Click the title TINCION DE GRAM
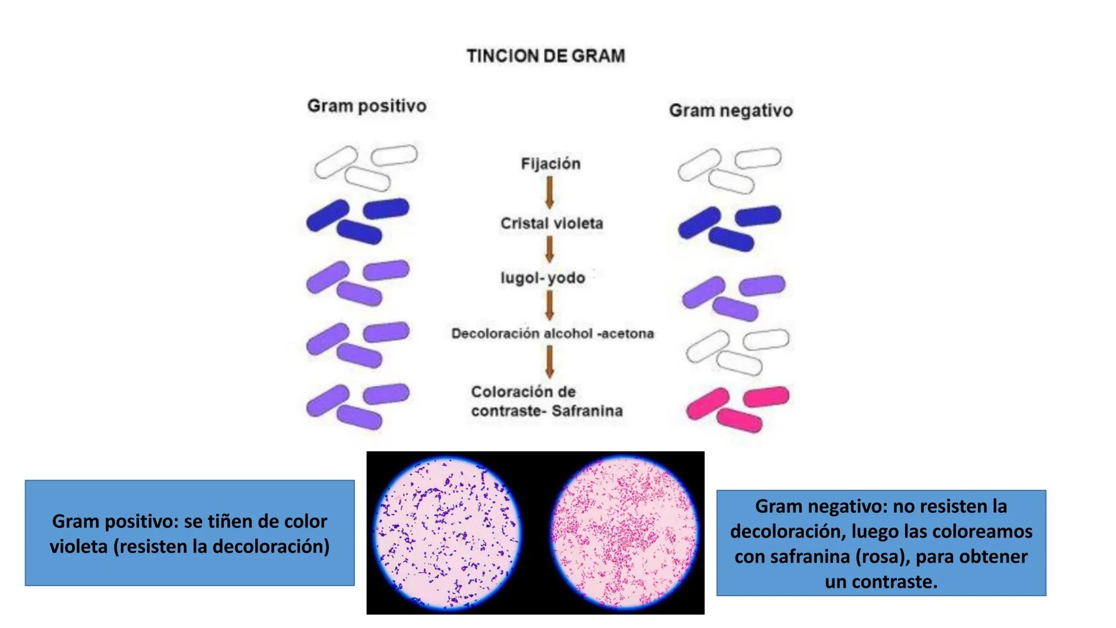tap(546, 56)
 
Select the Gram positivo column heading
tap(367, 106)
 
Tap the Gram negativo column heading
tap(731, 110)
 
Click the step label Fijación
tap(550, 164)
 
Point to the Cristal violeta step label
tap(552, 223)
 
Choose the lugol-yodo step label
tap(542, 278)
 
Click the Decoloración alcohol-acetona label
tap(552, 334)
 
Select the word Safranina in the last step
tap(587, 411)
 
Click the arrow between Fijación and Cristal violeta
tap(549, 192)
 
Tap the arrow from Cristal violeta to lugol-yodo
tap(549, 249)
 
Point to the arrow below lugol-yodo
tap(549, 305)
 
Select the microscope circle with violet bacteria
tap(448, 533)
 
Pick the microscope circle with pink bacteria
tap(624, 533)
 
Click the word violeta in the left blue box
tap(78, 547)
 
